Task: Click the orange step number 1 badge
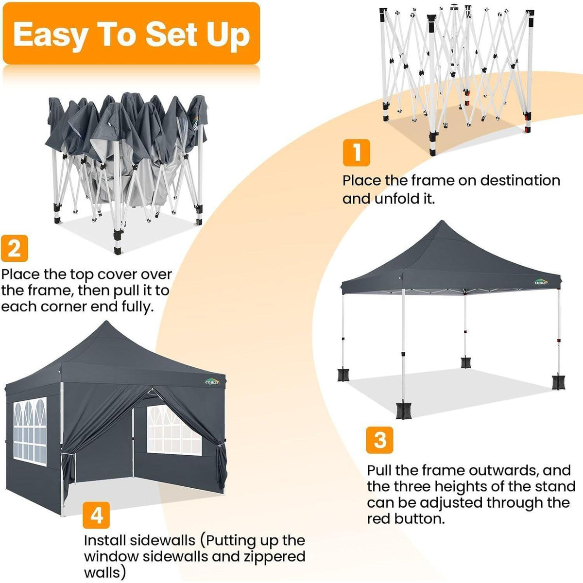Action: [x=356, y=153]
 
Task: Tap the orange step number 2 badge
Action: [x=14, y=248]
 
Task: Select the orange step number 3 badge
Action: [x=380, y=440]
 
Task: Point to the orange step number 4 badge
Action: [x=96, y=515]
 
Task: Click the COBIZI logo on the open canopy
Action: [x=541, y=282]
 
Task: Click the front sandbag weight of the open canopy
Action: [x=403, y=411]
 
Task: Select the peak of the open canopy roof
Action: [x=442, y=221]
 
